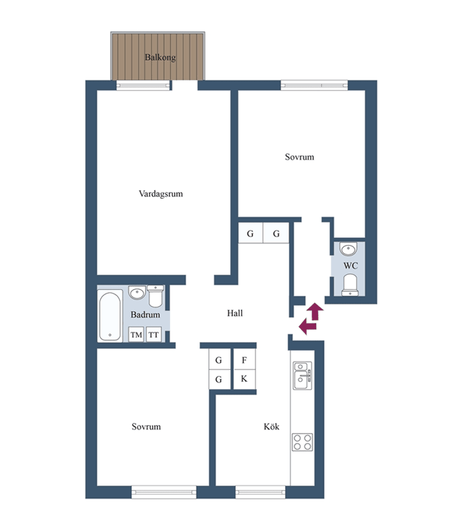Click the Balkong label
[160, 57]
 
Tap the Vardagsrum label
[161, 194]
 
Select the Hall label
[235, 313]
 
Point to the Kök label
[271, 427]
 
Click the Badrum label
[145, 315]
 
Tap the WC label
[350, 266]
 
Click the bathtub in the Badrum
[110, 316]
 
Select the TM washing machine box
[137, 335]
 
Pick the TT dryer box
[154, 335]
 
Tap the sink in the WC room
[348, 249]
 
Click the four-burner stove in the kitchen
[302, 442]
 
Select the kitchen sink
[302, 376]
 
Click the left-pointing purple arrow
[308, 326]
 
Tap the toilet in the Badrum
[156, 296]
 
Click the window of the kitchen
[260, 492]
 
